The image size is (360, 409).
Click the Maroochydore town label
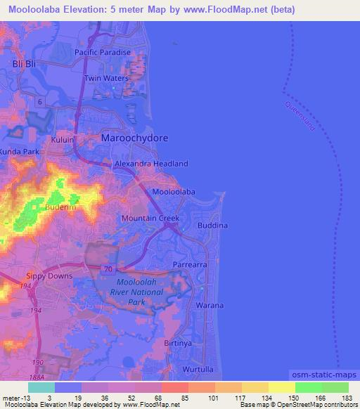[x=135, y=138]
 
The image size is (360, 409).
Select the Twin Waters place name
[x=106, y=78]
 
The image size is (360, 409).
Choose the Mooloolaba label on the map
[x=173, y=191]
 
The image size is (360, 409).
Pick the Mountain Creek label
[x=150, y=219]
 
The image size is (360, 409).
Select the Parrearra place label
[x=190, y=266]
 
